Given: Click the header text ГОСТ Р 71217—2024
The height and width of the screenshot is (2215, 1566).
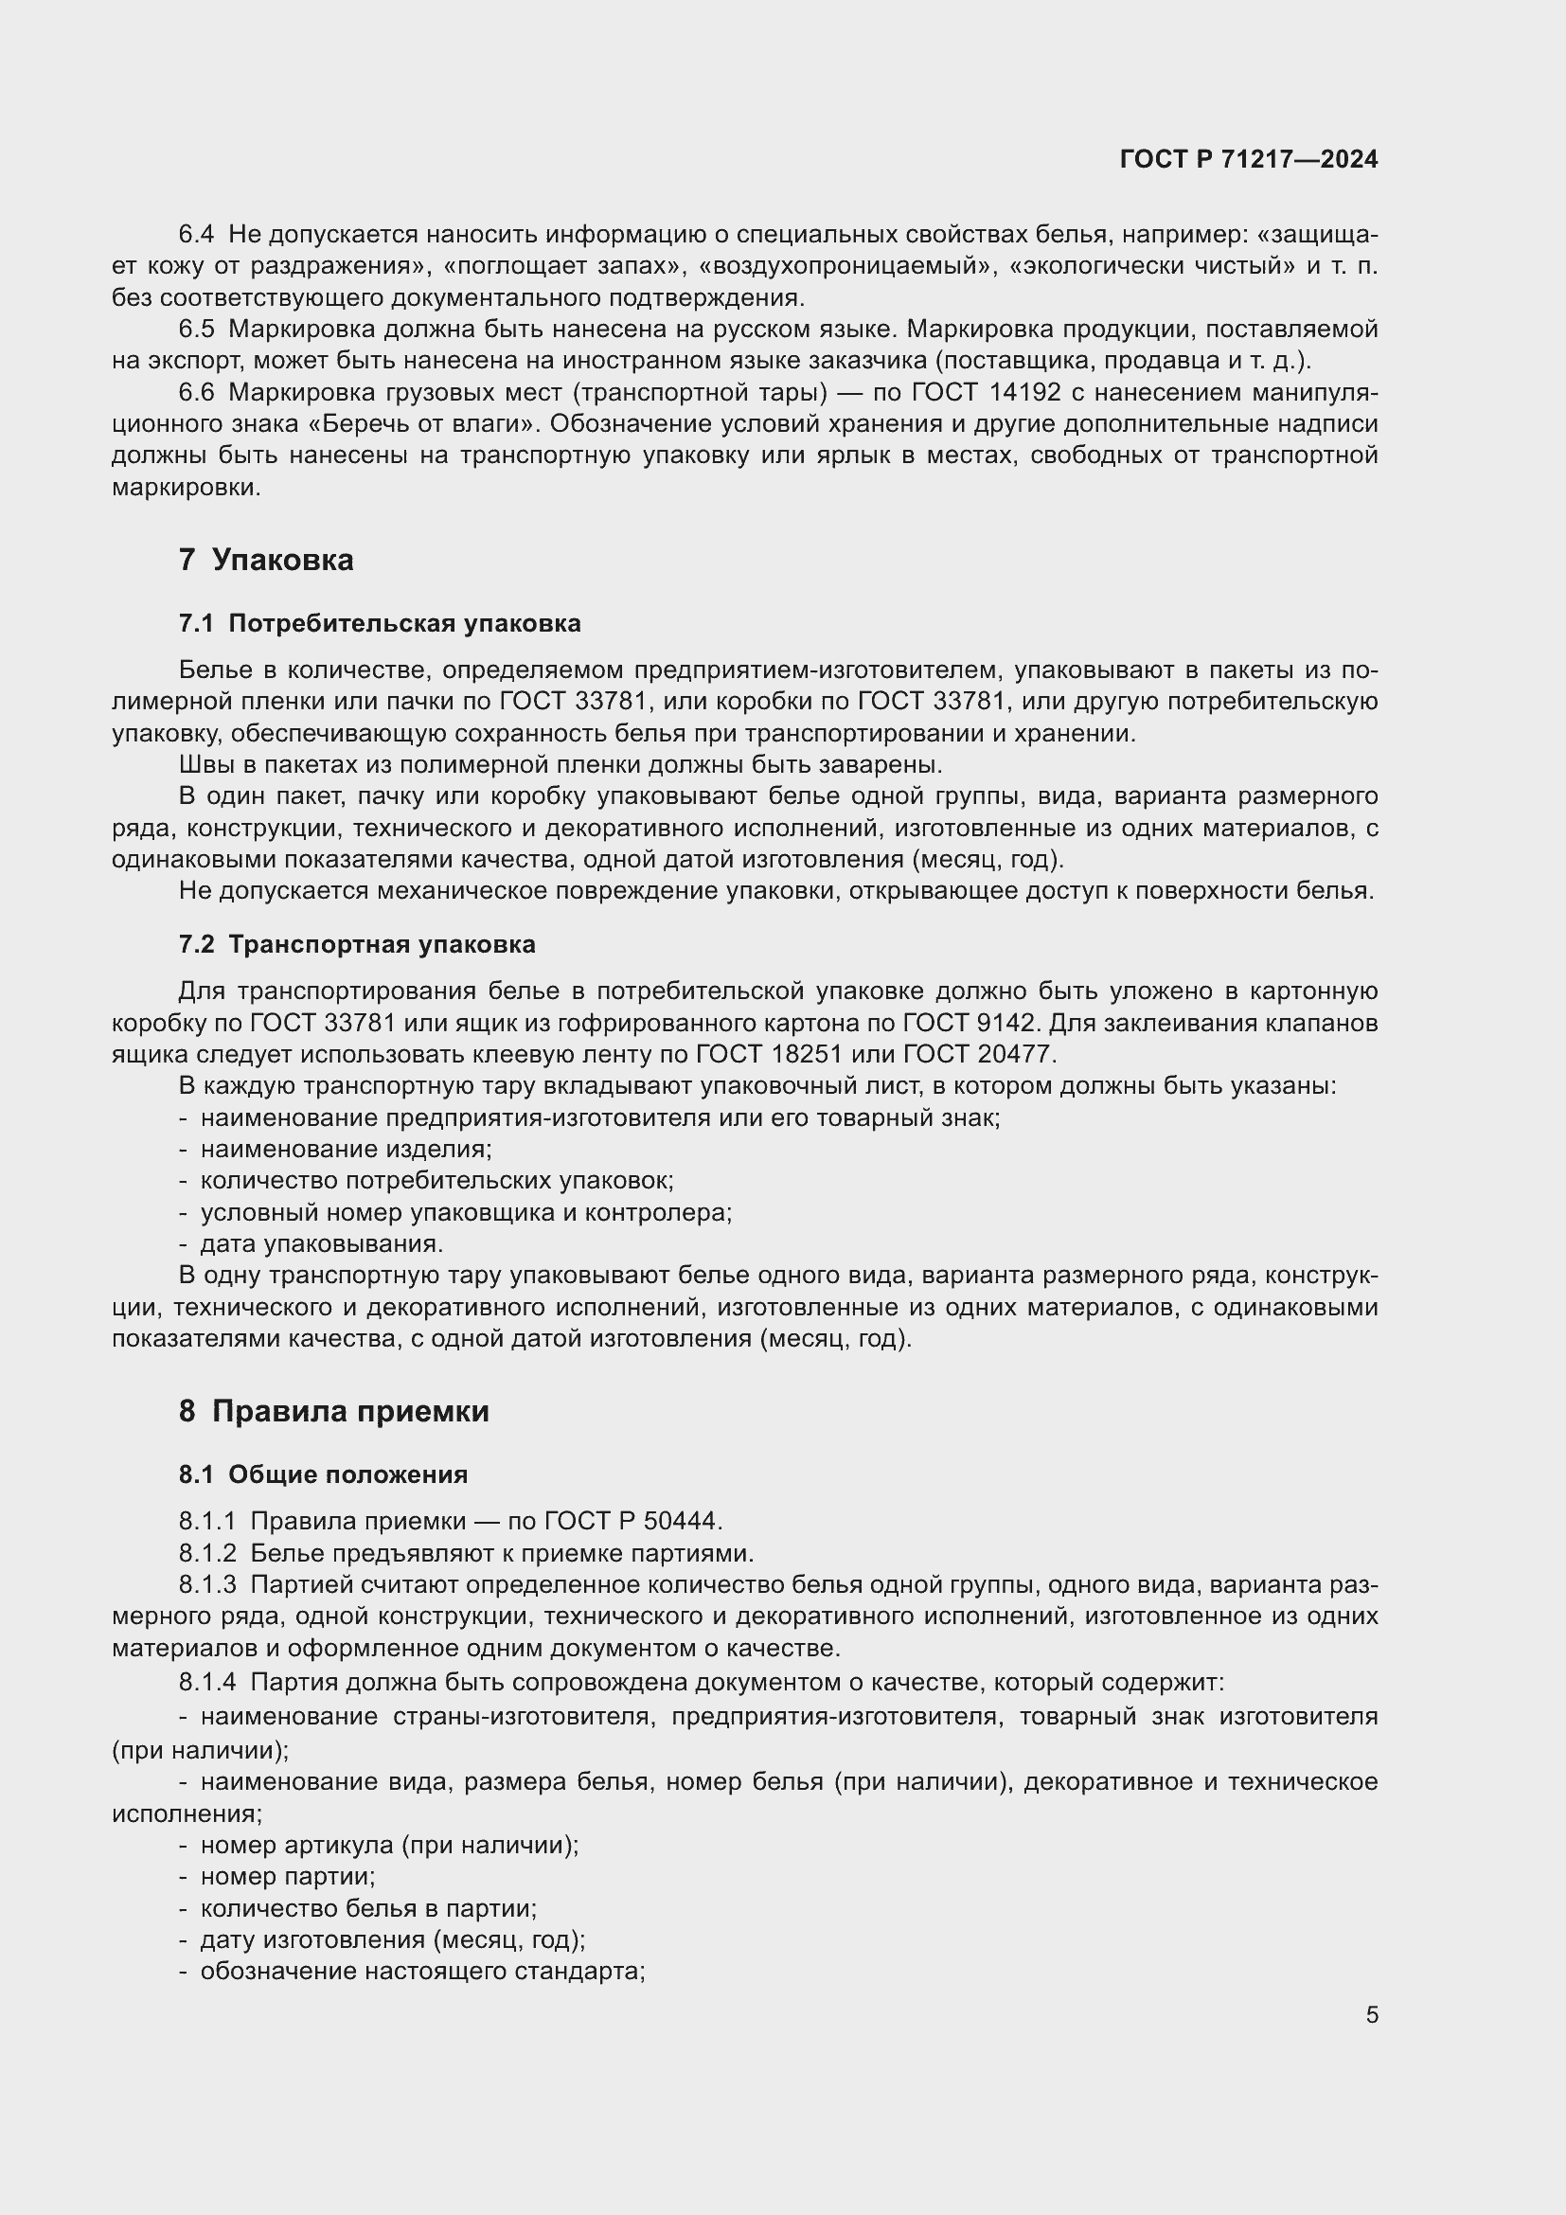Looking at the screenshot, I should point(1249,160).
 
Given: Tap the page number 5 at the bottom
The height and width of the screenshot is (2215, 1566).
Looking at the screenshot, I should point(1371,2015).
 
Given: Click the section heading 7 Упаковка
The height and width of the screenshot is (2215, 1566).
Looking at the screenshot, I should point(266,560).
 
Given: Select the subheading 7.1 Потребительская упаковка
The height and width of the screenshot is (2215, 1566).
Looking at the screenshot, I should point(380,623).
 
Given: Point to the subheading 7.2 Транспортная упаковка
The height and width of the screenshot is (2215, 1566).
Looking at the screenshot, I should point(357,944).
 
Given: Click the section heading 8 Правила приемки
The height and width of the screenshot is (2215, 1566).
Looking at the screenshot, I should point(333,1411).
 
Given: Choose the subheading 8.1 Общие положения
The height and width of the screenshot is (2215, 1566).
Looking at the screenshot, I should point(323,1474).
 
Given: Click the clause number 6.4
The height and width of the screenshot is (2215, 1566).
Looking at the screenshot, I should point(197,235).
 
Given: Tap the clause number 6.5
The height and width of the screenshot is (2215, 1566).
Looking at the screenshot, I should point(197,329).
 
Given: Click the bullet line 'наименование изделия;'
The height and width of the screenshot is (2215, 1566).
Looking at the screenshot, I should point(347,1149).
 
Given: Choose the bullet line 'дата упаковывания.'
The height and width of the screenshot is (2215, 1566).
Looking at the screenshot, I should point(321,1243).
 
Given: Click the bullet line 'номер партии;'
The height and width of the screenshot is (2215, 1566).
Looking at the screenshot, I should point(288,1876).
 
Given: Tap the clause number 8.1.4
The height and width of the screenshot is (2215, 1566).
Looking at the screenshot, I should point(207,1683).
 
